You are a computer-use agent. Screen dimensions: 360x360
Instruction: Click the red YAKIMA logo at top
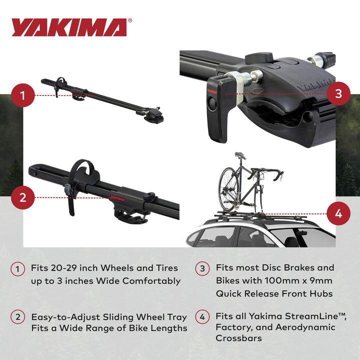[x=69, y=27]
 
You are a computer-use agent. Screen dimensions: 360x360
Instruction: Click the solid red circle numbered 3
[x=338, y=93]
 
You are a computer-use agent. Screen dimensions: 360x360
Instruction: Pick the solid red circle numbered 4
[x=338, y=214]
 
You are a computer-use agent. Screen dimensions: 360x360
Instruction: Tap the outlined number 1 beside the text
[x=17, y=268]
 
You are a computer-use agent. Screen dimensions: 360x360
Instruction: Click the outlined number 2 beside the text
[x=17, y=317]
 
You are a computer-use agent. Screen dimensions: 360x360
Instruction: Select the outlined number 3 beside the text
[x=202, y=268]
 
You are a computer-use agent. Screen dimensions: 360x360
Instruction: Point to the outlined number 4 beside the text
[x=202, y=317]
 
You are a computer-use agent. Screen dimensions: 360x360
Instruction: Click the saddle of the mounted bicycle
[x=240, y=155]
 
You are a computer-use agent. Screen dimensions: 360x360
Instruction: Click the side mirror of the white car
[x=301, y=233]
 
